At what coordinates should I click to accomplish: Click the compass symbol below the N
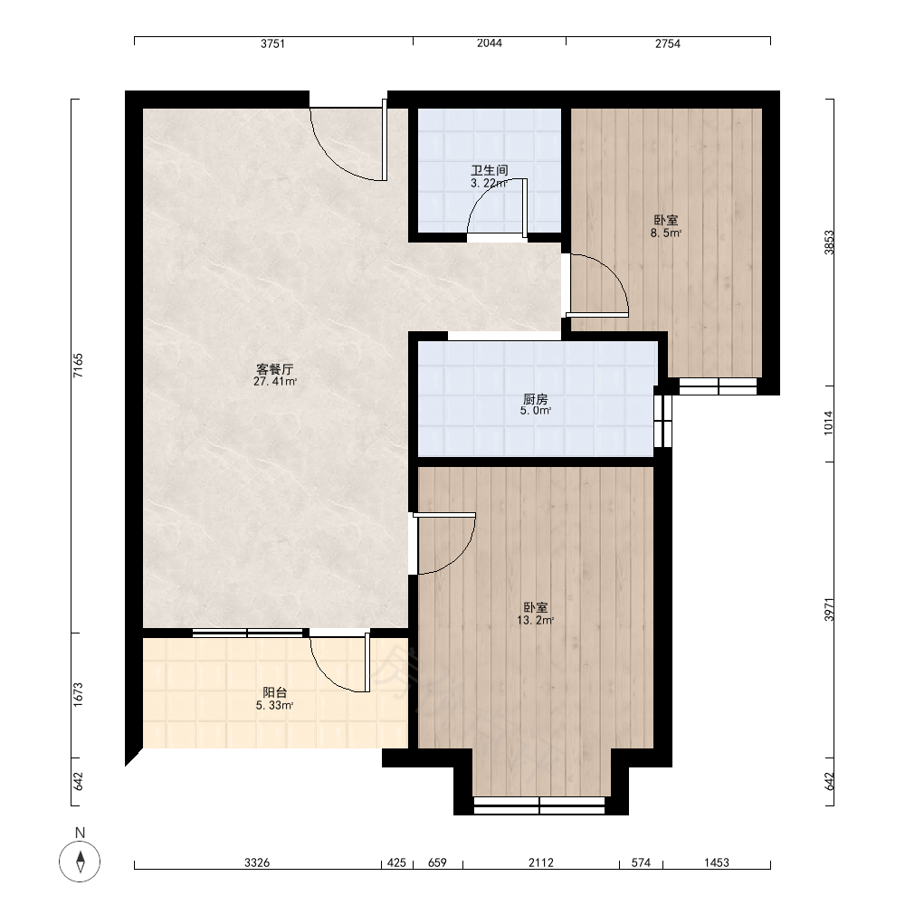tap(80, 862)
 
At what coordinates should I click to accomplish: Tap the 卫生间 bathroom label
tap(490, 170)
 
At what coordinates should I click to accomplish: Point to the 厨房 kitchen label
tap(536, 398)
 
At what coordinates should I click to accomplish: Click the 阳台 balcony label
tap(275, 692)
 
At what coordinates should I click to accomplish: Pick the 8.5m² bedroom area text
tap(666, 233)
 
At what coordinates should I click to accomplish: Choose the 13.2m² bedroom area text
tap(536, 621)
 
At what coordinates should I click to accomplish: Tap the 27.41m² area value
tap(275, 382)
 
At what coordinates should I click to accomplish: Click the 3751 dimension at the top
tap(272, 43)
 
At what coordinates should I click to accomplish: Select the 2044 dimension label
tap(490, 43)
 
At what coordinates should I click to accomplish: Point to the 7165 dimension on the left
tap(79, 366)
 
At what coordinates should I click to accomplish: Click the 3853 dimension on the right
tap(829, 243)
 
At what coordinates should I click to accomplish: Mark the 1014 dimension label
tap(829, 423)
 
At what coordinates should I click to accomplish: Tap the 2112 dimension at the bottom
tap(541, 862)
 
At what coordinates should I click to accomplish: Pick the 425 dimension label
tap(396, 862)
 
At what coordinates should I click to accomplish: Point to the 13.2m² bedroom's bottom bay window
tap(539, 805)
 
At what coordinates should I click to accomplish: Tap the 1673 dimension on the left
tap(79, 694)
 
